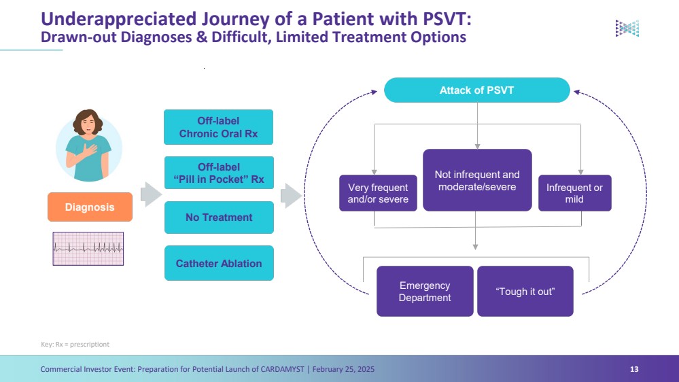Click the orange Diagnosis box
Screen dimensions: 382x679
[x=90, y=207]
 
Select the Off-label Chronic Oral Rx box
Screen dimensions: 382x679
[x=218, y=127]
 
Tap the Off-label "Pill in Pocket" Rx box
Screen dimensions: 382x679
[x=218, y=173]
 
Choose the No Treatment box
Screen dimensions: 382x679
[x=218, y=218]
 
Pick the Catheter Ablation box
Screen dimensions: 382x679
[x=218, y=263]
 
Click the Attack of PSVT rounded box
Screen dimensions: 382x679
[x=476, y=90]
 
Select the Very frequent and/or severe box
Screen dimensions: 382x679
[x=378, y=193]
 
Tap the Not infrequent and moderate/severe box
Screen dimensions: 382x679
[x=476, y=180]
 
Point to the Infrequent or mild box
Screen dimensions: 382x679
[x=574, y=193]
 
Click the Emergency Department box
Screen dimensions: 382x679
[x=425, y=291]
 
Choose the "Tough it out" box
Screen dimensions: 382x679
[x=525, y=291]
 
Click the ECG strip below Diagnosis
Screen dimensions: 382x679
[x=88, y=249]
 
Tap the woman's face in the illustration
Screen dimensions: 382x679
[x=89, y=124]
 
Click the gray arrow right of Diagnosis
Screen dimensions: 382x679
[x=150, y=194]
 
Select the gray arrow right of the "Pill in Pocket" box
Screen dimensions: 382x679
[x=291, y=195]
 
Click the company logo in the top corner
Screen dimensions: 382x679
[x=627, y=28]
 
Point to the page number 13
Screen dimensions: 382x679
[x=634, y=369]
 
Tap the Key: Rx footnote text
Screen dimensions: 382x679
[x=75, y=345]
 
